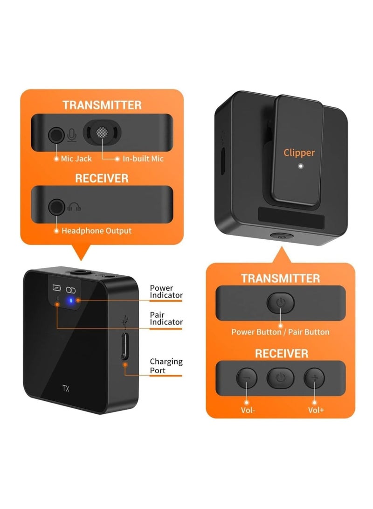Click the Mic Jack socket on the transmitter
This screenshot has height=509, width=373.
point(56,135)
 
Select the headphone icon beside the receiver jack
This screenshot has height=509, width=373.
point(74,207)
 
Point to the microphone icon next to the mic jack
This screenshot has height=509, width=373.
point(71,135)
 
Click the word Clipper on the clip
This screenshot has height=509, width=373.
point(299,153)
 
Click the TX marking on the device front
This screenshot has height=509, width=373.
point(66,388)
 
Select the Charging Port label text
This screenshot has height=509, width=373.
point(166,366)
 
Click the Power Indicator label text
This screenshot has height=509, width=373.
point(166,292)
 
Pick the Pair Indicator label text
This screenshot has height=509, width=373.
point(166,318)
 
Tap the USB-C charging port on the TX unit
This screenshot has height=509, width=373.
point(124,346)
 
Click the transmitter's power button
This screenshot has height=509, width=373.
point(280,303)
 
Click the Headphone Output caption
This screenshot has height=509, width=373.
point(97,230)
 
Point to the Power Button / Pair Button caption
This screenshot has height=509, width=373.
point(280,332)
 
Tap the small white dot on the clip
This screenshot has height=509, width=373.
point(301,166)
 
